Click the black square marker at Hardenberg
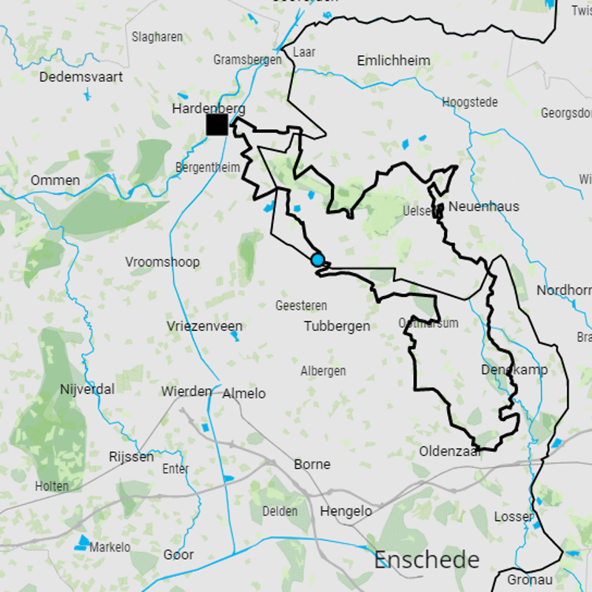pos(217,124)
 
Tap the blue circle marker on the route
pos(317,260)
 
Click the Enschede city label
pos(426,560)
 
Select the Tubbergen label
pos(337,326)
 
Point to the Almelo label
pos(244,394)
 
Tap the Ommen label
pos(55,181)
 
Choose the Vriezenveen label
pos(204,326)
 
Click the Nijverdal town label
pos(87,389)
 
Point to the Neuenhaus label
pos(483,206)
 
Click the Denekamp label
pos(514,370)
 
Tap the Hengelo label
pos(346,511)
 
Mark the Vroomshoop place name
pos(162,262)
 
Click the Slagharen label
pos(157,37)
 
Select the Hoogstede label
pos(470,103)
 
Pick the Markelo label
pos(110,548)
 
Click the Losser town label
pos(514,517)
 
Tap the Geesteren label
pos(300,306)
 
